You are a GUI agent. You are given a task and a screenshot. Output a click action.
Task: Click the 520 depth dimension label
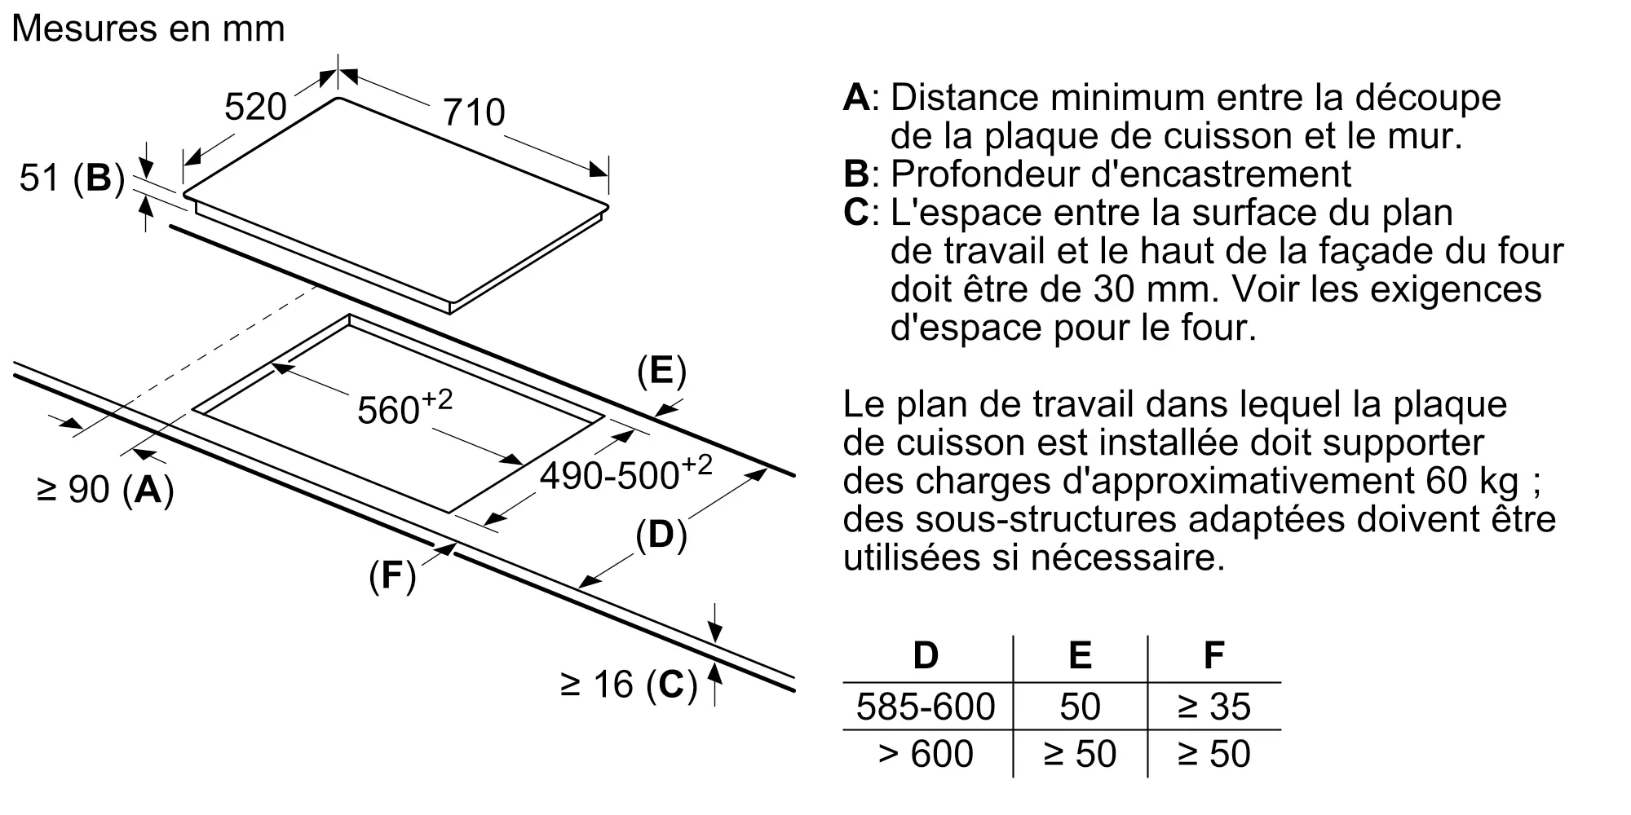[255, 107]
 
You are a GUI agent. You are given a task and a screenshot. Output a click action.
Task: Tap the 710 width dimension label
[474, 112]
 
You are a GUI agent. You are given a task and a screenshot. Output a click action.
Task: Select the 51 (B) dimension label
[72, 178]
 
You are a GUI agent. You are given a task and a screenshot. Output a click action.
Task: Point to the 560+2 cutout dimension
[404, 407]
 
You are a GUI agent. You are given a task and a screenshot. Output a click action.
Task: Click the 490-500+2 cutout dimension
[626, 474]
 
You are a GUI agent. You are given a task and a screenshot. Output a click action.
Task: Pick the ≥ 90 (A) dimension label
[105, 489]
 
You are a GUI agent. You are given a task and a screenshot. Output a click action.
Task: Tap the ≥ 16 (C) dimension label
[630, 685]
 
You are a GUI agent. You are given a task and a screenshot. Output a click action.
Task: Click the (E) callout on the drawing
[661, 372]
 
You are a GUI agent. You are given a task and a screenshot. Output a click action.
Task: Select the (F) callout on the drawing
[392, 576]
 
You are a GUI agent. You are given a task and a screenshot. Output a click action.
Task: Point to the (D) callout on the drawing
[661, 535]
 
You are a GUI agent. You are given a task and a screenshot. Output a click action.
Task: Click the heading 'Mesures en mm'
[148, 29]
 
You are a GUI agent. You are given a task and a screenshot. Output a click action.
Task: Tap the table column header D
[926, 655]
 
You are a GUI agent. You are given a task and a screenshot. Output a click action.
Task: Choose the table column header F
[1213, 655]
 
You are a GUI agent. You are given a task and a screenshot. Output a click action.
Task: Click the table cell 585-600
[926, 707]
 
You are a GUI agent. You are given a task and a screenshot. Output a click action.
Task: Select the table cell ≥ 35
[1213, 707]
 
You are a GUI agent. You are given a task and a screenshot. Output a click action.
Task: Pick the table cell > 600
[926, 754]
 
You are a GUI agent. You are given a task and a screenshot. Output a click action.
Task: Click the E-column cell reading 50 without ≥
[1080, 707]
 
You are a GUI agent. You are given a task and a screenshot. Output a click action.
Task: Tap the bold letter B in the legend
[856, 174]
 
